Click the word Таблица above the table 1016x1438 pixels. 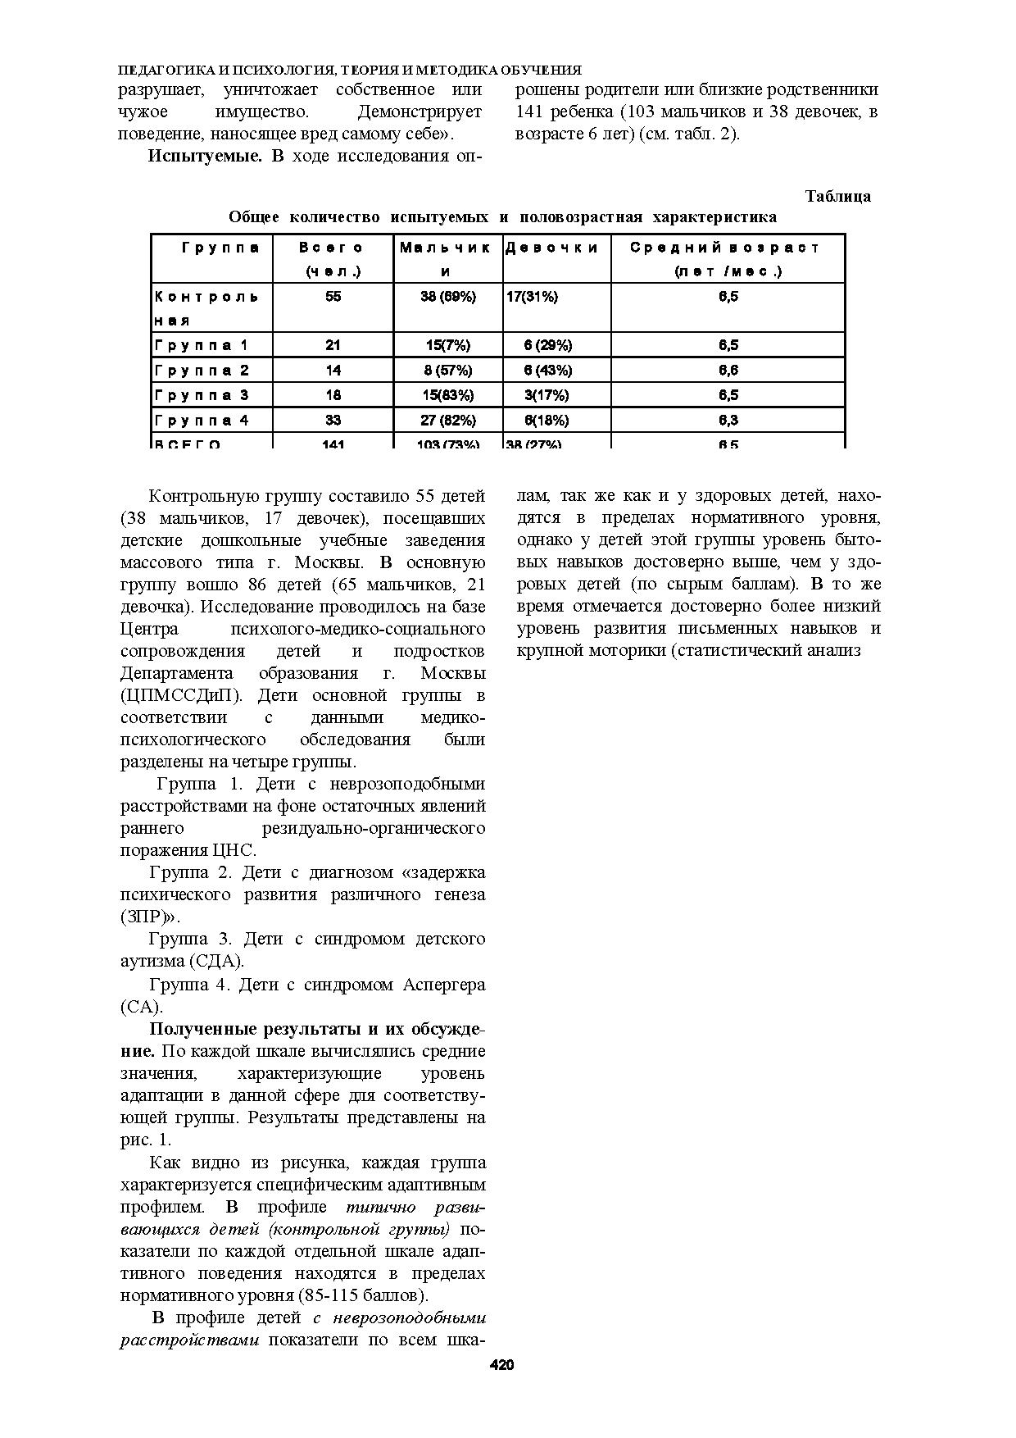837,197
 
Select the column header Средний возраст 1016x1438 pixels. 726,248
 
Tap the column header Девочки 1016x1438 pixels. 551,248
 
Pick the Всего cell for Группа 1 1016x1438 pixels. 333,345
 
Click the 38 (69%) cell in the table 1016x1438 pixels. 448,297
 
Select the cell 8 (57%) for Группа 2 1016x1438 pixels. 448,371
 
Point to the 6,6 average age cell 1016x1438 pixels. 728,371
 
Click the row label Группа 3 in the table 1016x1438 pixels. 202,395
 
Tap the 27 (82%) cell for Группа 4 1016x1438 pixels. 448,421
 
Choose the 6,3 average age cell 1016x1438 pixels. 728,421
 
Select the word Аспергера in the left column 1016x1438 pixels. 443,984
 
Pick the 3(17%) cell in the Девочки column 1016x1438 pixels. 547,395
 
